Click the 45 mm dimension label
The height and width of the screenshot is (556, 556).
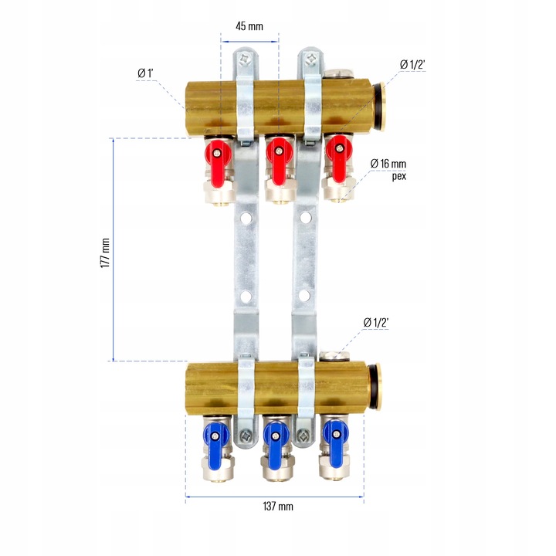[249, 26]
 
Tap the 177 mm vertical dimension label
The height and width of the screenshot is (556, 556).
[105, 253]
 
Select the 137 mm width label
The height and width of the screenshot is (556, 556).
[278, 506]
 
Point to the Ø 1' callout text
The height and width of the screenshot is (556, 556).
[145, 73]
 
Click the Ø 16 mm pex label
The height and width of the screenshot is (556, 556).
[388, 169]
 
